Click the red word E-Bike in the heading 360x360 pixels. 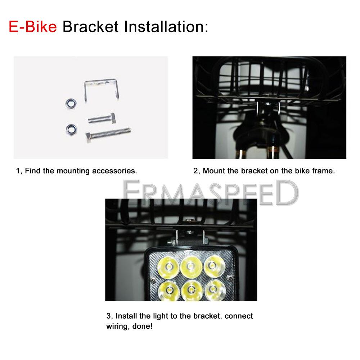pyautogui.click(x=33, y=27)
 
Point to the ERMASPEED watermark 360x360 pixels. pyautogui.click(x=211, y=192)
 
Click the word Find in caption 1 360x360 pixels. pyautogui.click(x=33, y=171)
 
